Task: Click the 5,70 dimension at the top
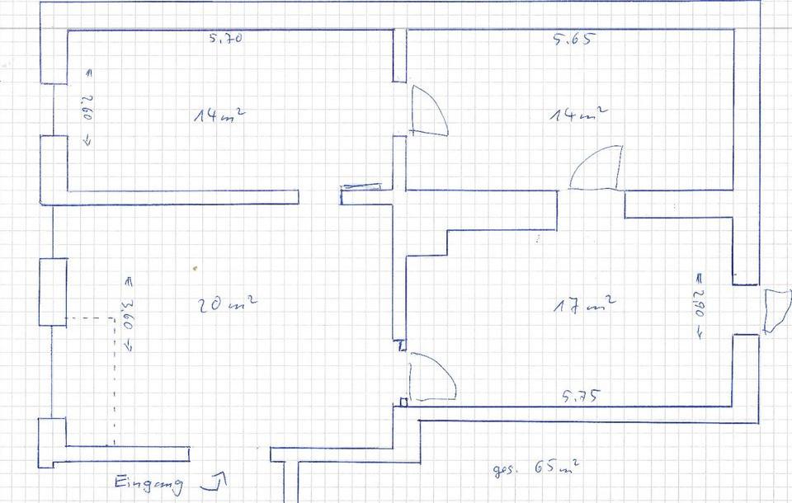(x=225, y=37)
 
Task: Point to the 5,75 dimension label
(x=581, y=396)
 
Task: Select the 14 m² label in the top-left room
(x=218, y=115)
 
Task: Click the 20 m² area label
(x=227, y=305)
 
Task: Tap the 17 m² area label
(x=584, y=305)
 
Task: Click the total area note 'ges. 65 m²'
(x=535, y=470)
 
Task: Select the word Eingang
(x=148, y=483)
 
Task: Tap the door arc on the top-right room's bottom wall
(x=596, y=168)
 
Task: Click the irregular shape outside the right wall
(x=776, y=309)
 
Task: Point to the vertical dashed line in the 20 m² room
(x=114, y=379)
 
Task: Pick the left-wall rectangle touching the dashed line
(x=53, y=292)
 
